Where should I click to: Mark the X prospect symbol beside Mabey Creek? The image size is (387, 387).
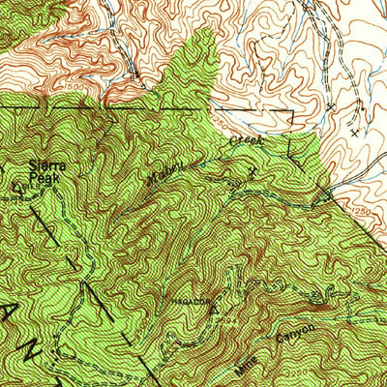tap(254, 169)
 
